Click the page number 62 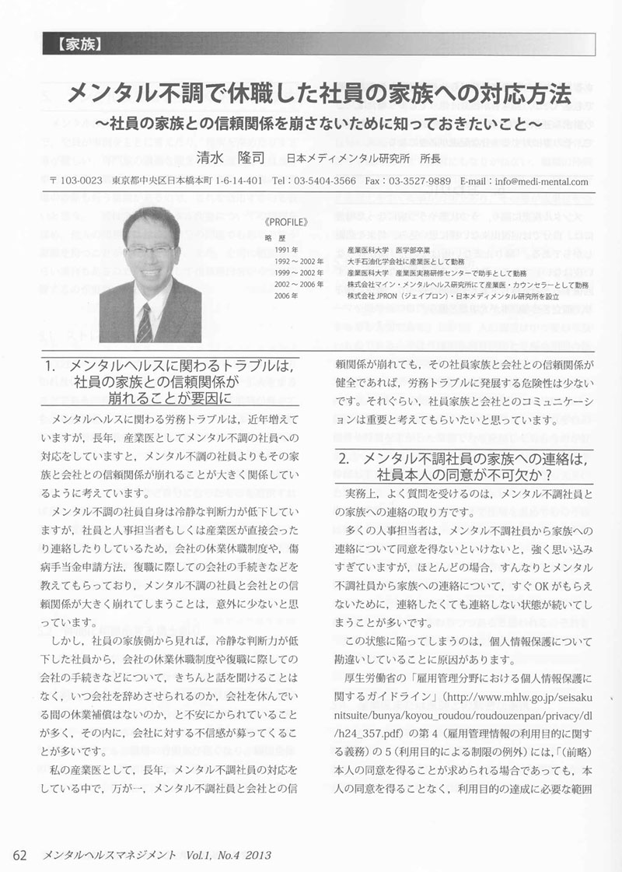point(21,854)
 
